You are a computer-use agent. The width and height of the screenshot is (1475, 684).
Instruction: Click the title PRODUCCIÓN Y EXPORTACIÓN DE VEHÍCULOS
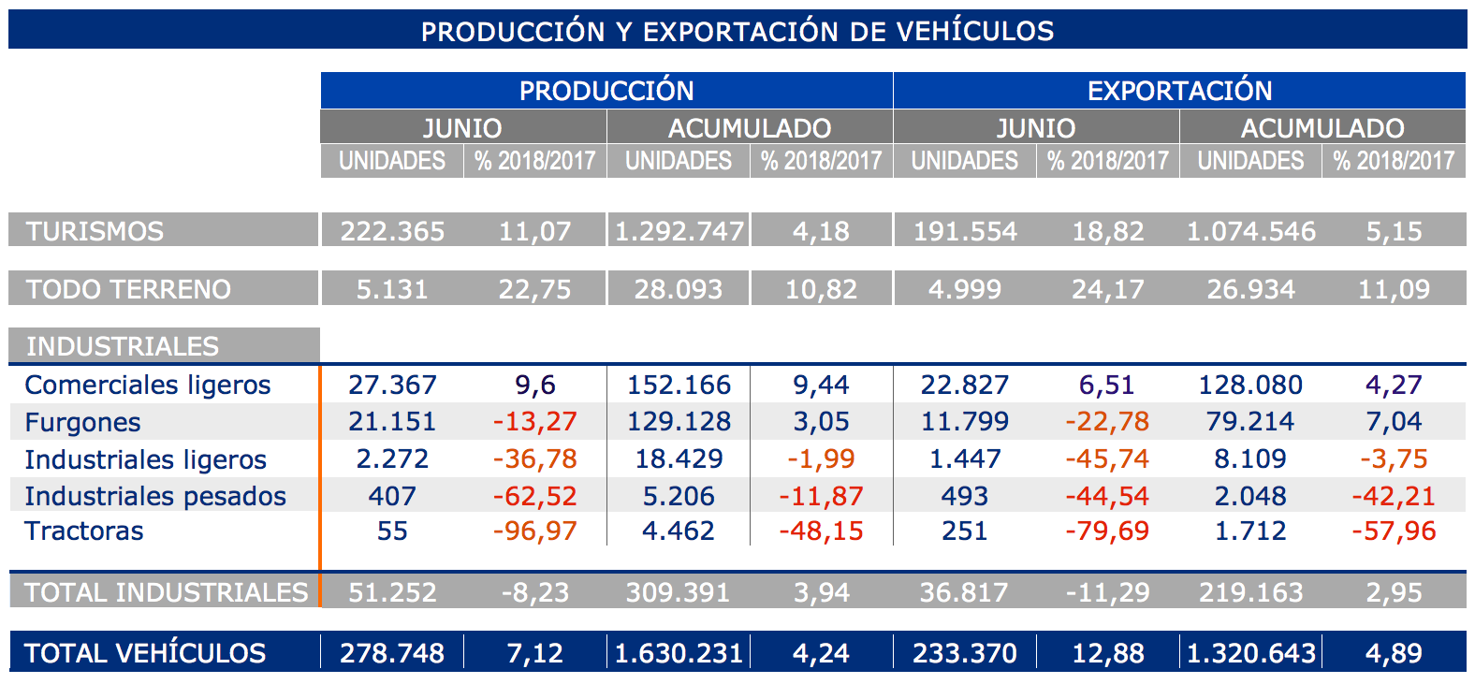(x=737, y=31)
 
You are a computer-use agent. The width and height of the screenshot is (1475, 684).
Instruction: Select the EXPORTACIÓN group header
(x=1179, y=91)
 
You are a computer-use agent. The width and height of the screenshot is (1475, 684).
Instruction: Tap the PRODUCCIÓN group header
(x=606, y=91)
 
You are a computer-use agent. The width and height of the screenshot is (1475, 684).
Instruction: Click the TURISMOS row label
(x=95, y=231)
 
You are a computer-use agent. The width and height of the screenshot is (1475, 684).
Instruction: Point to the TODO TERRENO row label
(x=128, y=289)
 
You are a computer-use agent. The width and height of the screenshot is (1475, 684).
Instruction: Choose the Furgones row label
(x=82, y=422)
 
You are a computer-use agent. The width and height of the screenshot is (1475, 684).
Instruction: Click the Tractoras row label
(x=84, y=531)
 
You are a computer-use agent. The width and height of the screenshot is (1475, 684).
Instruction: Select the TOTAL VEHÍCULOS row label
(x=145, y=653)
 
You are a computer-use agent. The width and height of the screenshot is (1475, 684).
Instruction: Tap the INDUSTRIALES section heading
(x=122, y=346)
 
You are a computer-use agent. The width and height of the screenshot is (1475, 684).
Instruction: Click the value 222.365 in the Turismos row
(x=392, y=231)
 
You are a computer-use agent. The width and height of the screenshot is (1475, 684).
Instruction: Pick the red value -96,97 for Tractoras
(x=534, y=531)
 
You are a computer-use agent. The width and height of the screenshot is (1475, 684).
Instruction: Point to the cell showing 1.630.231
(x=679, y=653)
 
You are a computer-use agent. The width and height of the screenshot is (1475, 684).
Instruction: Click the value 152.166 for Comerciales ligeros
(x=679, y=385)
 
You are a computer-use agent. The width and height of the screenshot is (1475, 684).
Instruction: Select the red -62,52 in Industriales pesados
(x=534, y=496)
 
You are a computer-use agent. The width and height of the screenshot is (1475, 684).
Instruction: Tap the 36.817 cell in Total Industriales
(x=964, y=592)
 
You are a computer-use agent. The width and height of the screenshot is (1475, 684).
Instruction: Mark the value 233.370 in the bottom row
(x=964, y=653)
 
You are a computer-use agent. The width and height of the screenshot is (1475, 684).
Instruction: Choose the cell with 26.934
(x=1250, y=289)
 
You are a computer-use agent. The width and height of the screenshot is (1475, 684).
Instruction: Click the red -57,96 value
(x=1394, y=531)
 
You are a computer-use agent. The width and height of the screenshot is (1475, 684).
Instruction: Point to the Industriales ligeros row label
(x=145, y=459)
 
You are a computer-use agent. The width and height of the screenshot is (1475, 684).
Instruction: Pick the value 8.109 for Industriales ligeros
(x=1250, y=459)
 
